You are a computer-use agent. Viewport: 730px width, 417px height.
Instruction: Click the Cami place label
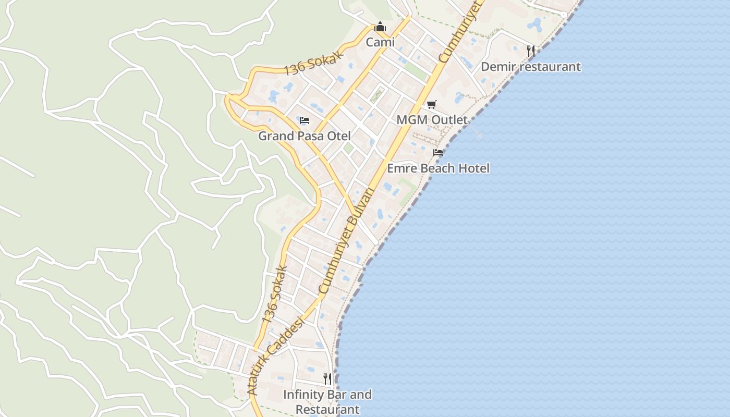click(x=380, y=42)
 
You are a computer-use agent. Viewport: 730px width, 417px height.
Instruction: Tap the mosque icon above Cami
click(x=380, y=27)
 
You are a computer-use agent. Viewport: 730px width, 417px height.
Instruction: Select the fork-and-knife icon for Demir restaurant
click(x=531, y=51)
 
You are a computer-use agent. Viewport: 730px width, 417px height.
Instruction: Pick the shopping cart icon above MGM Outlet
click(x=431, y=105)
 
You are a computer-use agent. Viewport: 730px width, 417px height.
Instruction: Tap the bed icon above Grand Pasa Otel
click(x=305, y=120)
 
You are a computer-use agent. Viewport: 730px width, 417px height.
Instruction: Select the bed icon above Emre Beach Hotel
click(x=438, y=153)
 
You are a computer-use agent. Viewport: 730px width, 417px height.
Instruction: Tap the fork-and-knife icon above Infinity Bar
click(x=327, y=378)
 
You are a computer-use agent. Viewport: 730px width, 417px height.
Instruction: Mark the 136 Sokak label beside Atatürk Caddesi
click(x=275, y=294)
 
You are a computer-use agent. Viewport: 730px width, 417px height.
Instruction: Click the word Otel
click(x=338, y=136)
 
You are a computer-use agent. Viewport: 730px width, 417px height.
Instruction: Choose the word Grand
click(x=276, y=136)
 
